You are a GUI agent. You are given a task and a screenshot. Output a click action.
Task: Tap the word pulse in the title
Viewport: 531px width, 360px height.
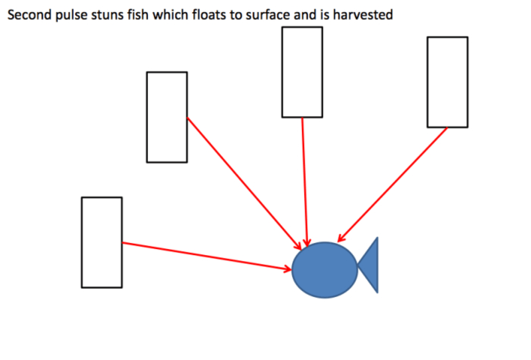point(68,14)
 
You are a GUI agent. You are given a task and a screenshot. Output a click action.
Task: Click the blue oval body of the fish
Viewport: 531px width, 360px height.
point(325,270)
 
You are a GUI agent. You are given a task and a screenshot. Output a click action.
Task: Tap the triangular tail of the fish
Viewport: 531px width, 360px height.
point(370,265)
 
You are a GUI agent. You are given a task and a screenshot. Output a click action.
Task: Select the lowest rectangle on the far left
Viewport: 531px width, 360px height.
point(102,242)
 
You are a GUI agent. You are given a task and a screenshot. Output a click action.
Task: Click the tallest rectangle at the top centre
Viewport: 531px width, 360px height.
point(302,72)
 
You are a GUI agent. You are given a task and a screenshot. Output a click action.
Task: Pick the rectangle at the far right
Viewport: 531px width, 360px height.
point(447,82)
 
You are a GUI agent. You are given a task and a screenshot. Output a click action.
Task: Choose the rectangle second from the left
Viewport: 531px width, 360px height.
point(167,117)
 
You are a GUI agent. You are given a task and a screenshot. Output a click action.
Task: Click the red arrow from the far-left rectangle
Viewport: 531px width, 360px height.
point(206,256)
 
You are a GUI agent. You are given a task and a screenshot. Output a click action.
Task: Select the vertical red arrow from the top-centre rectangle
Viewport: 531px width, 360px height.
point(304,179)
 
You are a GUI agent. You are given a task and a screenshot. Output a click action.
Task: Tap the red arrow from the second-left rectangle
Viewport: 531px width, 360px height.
point(242,181)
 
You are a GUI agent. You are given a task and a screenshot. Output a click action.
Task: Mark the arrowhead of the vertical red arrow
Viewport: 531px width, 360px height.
point(307,240)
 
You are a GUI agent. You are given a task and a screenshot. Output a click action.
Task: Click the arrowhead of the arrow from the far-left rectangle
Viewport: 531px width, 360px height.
point(287,268)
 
